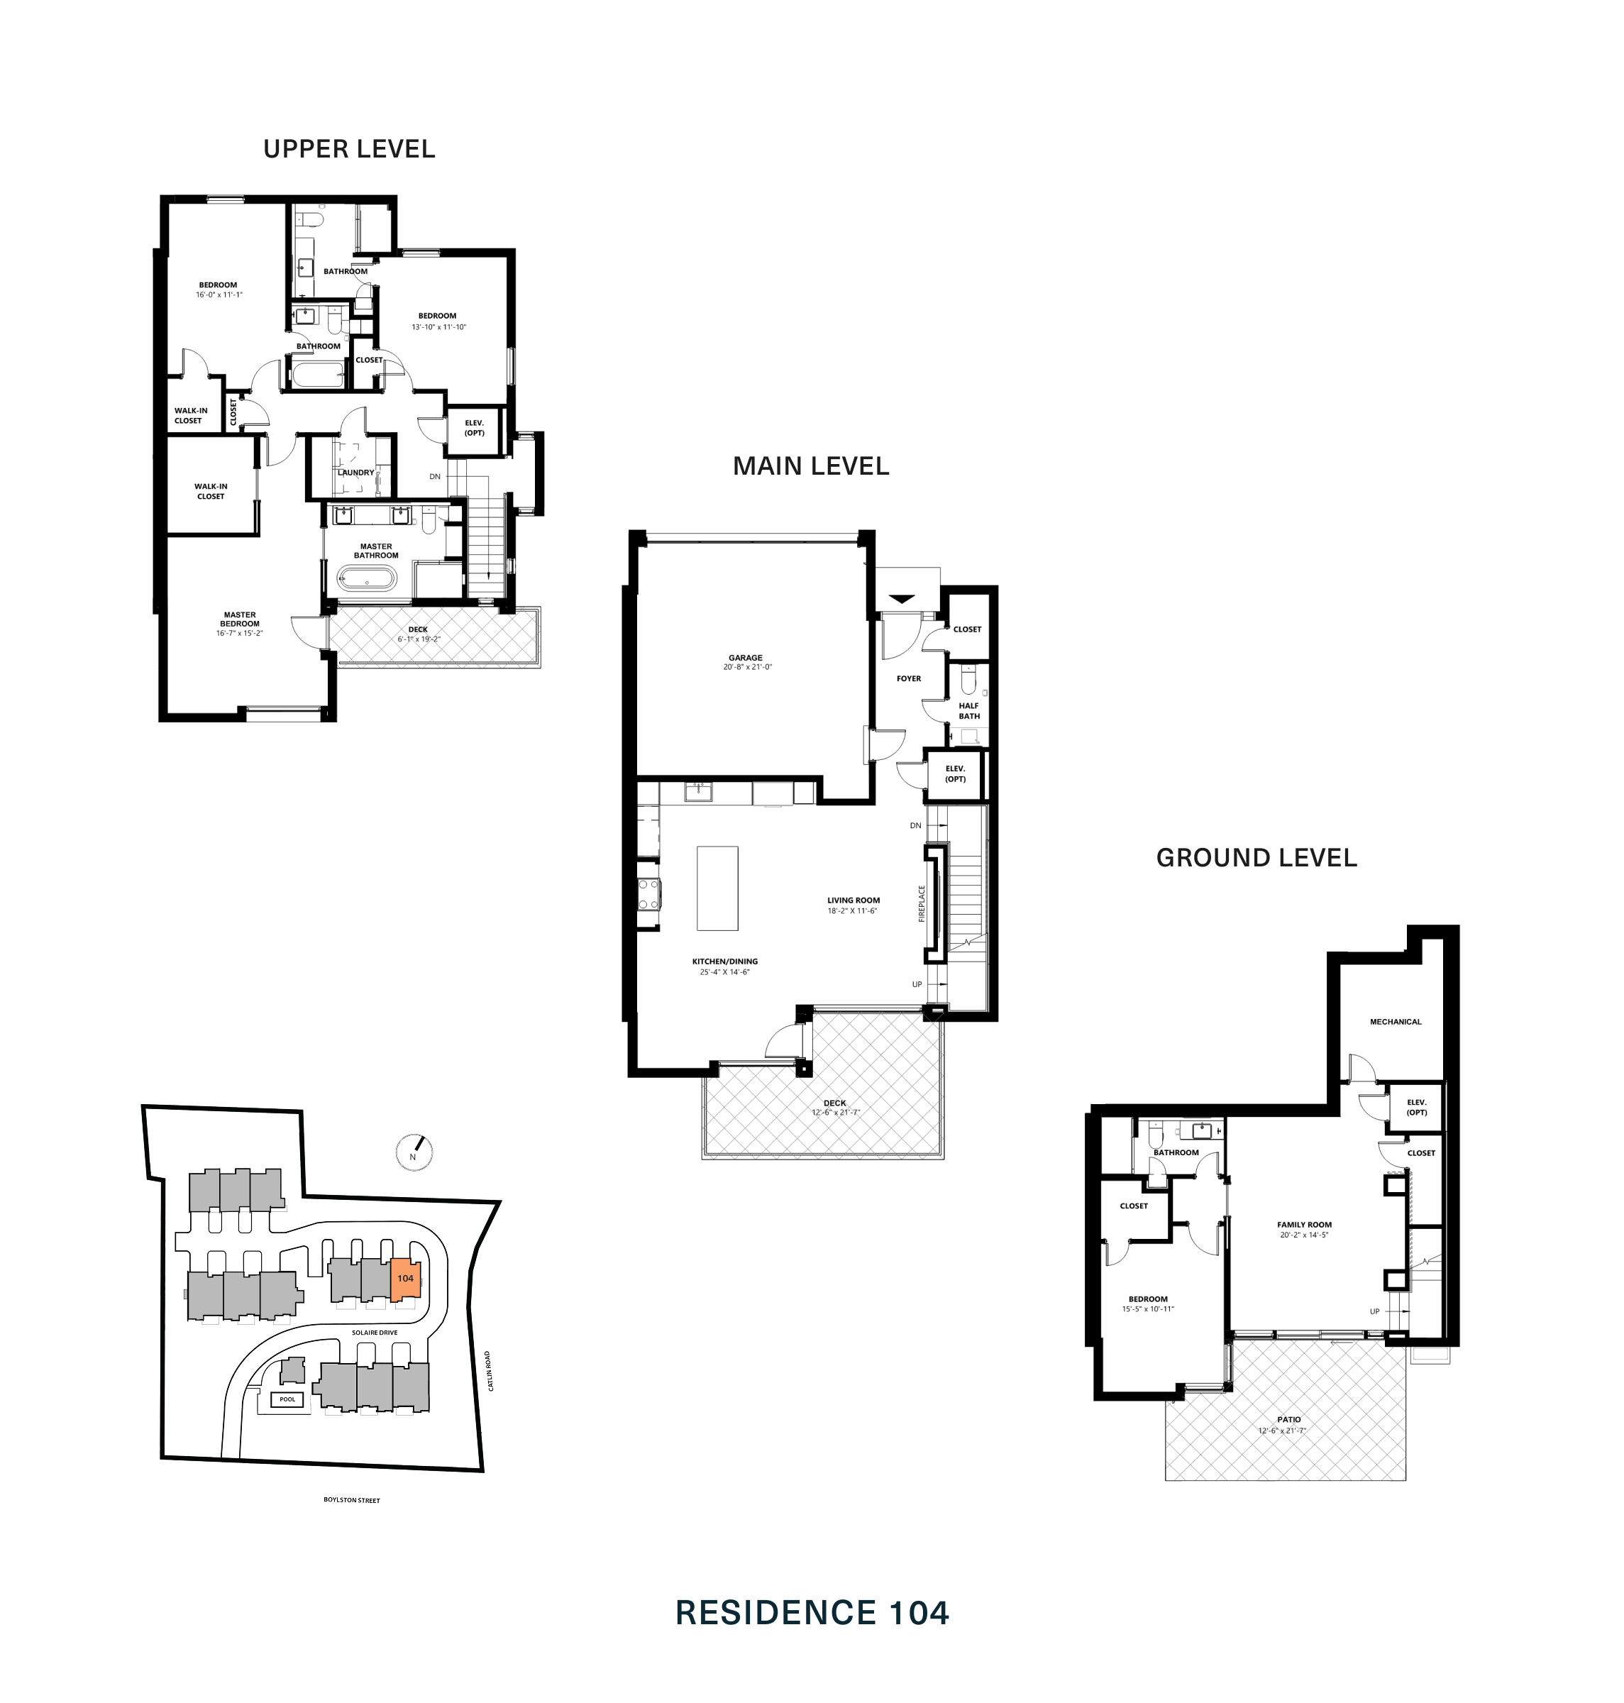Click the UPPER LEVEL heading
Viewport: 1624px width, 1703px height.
coord(349,149)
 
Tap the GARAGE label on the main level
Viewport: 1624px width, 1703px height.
coord(746,658)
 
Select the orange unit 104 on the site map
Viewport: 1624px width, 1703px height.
coord(405,1278)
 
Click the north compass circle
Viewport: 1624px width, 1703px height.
coord(414,1152)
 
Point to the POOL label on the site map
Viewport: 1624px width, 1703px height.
coord(287,1399)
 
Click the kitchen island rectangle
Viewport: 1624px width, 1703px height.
coord(718,888)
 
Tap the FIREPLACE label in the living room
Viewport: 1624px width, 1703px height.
coord(922,903)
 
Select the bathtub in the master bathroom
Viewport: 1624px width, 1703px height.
coord(367,578)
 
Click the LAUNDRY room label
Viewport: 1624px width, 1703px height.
coord(355,473)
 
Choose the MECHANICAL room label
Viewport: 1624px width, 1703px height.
coord(1396,1022)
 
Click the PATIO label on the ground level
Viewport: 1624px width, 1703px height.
coord(1288,1420)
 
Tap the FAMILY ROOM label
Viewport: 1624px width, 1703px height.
coord(1304,1224)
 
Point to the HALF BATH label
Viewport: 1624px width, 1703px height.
coord(968,711)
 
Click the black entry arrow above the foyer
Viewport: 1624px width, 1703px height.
coord(902,598)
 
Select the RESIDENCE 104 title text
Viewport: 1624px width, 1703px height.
coord(812,1613)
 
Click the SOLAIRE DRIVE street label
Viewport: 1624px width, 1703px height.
coord(375,1333)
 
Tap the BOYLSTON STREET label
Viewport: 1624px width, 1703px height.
coord(351,1499)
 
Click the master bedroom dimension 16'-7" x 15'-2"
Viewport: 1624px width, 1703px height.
coord(240,633)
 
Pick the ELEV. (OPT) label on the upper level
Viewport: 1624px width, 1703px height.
coord(475,428)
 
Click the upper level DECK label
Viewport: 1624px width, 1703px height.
coord(418,629)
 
